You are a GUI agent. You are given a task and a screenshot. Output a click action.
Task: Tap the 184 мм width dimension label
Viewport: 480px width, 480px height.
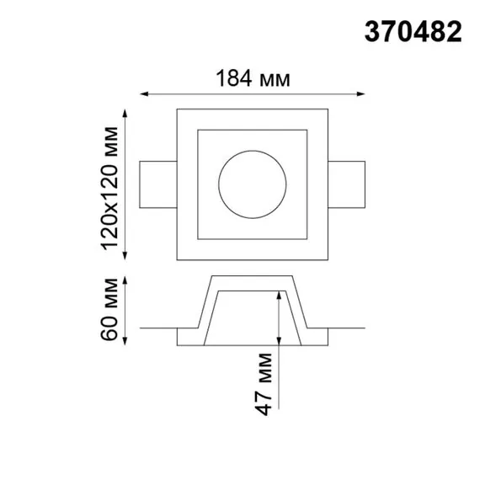[253, 79]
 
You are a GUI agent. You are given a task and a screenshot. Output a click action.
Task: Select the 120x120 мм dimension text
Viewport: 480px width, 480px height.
[109, 183]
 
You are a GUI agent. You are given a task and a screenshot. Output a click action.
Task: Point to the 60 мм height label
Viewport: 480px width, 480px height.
[109, 310]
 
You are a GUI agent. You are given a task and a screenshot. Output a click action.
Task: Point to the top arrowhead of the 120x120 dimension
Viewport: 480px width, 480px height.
[125, 113]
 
